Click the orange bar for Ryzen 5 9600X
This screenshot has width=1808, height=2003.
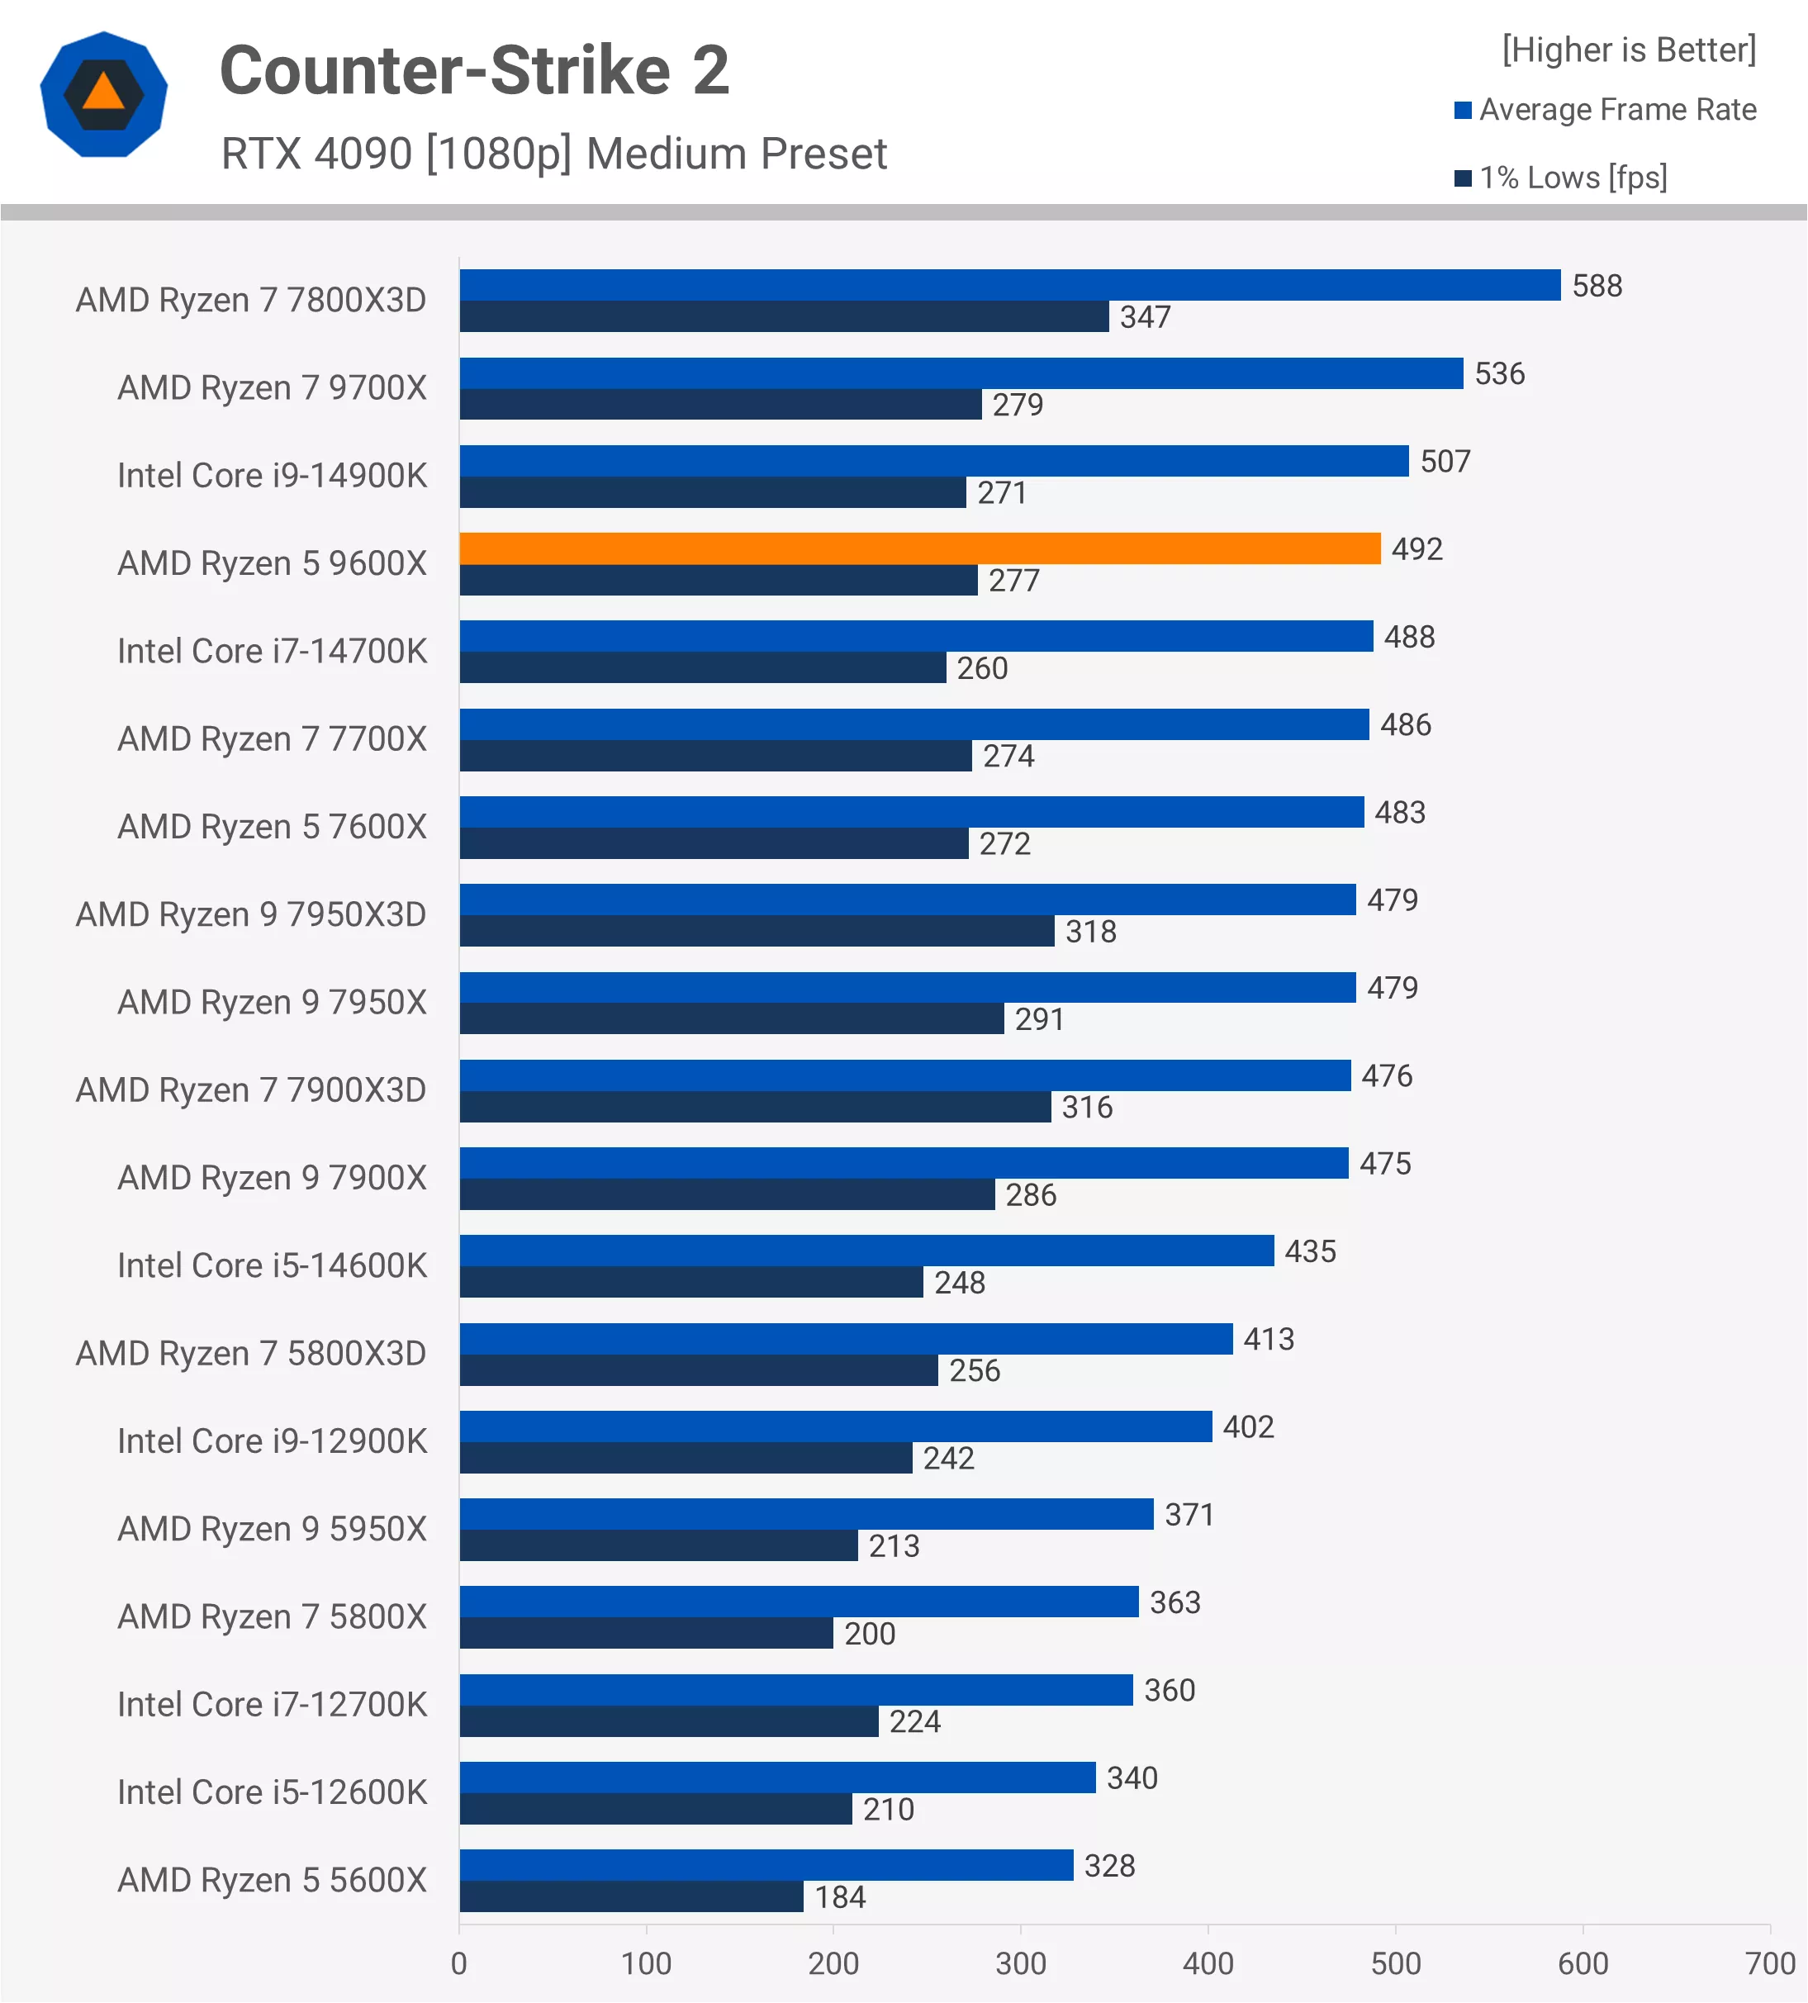click(x=919, y=548)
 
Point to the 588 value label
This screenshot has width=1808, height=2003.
click(x=1597, y=286)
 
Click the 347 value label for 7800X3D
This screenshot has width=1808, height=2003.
click(x=1145, y=317)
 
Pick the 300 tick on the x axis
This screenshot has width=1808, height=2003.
click(x=1020, y=1963)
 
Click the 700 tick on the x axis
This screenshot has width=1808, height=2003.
click(x=1769, y=1963)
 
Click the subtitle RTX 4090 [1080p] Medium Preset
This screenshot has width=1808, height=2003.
click(x=553, y=154)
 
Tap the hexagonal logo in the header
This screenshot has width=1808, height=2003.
click(x=103, y=94)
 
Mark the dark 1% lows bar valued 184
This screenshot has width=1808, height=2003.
click(x=631, y=1896)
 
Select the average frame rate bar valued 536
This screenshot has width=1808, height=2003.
click(x=960, y=373)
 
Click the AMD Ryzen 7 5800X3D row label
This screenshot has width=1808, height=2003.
click(x=250, y=1353)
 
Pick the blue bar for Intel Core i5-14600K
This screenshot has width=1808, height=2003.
click(x=866, y=1251)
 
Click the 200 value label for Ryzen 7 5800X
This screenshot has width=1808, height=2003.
click(x=869, y=1634)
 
